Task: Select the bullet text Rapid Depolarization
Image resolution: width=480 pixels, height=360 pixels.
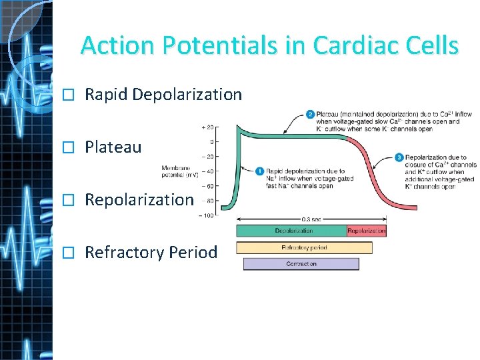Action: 163,95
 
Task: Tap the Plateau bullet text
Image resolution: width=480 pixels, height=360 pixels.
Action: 113,147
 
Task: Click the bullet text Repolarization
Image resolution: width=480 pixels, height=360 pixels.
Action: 139,199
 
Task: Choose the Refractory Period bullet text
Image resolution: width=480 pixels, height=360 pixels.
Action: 151,253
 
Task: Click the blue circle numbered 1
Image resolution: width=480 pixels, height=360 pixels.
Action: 260,171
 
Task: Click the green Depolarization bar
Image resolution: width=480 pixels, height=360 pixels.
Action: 291,231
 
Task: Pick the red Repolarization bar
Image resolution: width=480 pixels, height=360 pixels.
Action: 367,231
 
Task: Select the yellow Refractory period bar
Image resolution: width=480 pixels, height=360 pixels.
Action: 304,248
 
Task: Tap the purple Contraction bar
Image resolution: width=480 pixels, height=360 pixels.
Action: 301,264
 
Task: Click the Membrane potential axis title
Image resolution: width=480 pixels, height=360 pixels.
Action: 180,171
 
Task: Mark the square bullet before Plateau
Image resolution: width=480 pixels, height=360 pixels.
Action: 65,147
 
